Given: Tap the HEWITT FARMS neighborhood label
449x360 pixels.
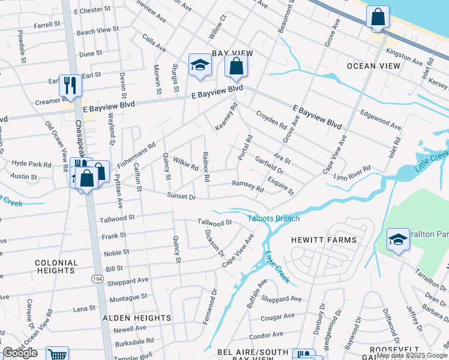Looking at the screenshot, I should coord(324,240).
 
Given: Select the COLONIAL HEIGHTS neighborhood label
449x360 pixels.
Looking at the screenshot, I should coord(56,267).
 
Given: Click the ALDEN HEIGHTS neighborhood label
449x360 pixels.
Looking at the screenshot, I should coord(137,318).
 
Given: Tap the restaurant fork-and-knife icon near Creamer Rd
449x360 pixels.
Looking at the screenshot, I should coord(70,86).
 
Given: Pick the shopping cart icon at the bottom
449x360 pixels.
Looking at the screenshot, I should coord(57,355).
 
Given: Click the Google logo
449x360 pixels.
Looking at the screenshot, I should coord(20,353).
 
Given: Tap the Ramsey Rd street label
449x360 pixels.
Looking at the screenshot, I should coord(248,186).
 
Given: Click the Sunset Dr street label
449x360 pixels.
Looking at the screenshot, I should coord(181,196).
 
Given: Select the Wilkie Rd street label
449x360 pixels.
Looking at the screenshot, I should coord(185,163).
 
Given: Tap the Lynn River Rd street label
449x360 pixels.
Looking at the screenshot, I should coord(352,173).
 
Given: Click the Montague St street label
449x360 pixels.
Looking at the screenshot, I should coord(128,297).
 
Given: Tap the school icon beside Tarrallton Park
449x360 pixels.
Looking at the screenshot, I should coord(398,239).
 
